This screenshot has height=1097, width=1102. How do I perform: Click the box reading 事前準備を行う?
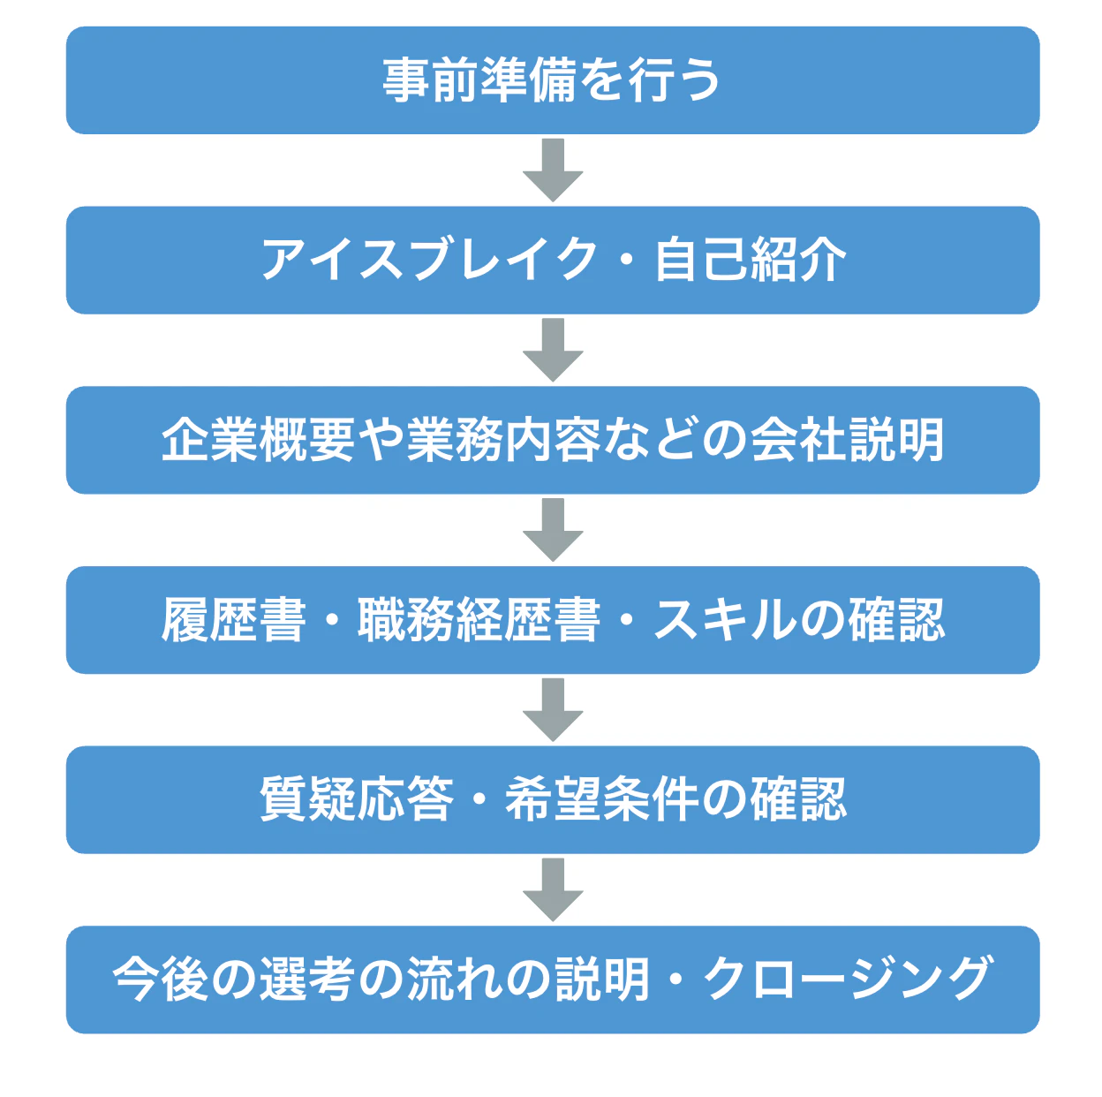tap(553, 80)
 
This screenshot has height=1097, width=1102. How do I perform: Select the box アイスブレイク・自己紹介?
tap(553, 261)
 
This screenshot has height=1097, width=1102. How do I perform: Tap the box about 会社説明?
tap(553, 440)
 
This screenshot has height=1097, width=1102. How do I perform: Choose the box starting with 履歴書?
tap(553, 620)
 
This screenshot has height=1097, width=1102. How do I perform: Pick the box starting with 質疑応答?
tap(553, 800)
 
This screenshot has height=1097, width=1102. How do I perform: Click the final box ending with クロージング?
tap(553, 980)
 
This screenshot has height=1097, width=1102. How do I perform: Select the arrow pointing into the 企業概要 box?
tap(553, 351)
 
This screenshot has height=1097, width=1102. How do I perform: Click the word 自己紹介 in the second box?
tap(751, 261)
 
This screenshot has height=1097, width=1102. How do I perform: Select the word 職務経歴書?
tap(479, 620)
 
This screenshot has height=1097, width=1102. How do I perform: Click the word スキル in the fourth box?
tap(724, 620)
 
